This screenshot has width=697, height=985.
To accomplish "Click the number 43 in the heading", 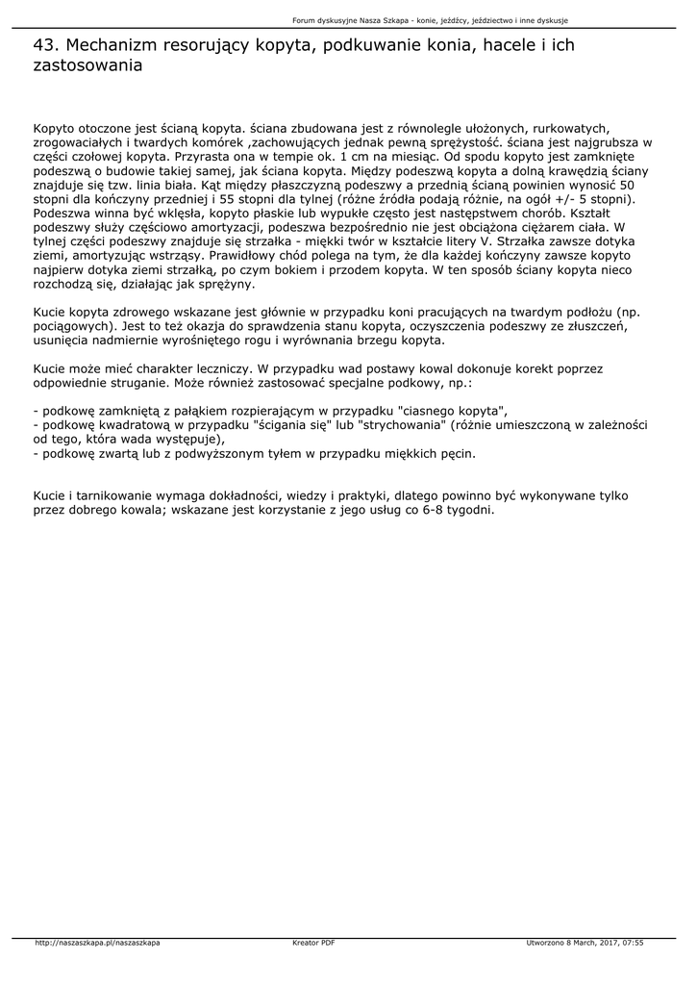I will [44, 45].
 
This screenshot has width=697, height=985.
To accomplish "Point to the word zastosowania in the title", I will [87, 66].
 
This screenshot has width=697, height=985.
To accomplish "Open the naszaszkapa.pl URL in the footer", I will [97, 943].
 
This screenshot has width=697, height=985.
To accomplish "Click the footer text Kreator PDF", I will [313, 943].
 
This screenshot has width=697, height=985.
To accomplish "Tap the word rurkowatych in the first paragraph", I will [566, 128].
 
